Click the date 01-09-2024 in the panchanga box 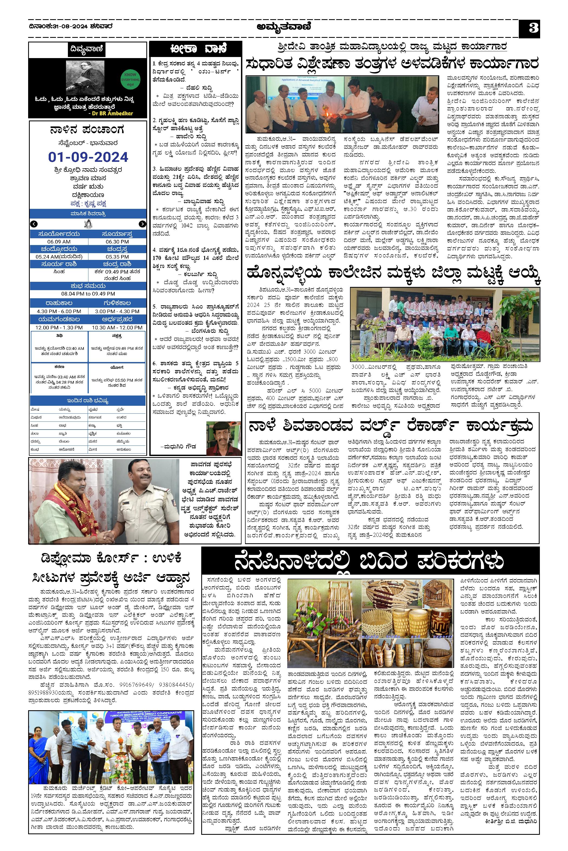point(88,157)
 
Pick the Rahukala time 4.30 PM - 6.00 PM point(59,311)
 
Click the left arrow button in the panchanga point(34,224)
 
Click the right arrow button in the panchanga point(142,224)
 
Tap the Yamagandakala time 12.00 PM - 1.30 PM point(59,327)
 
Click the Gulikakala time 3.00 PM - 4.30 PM point(117,311)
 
